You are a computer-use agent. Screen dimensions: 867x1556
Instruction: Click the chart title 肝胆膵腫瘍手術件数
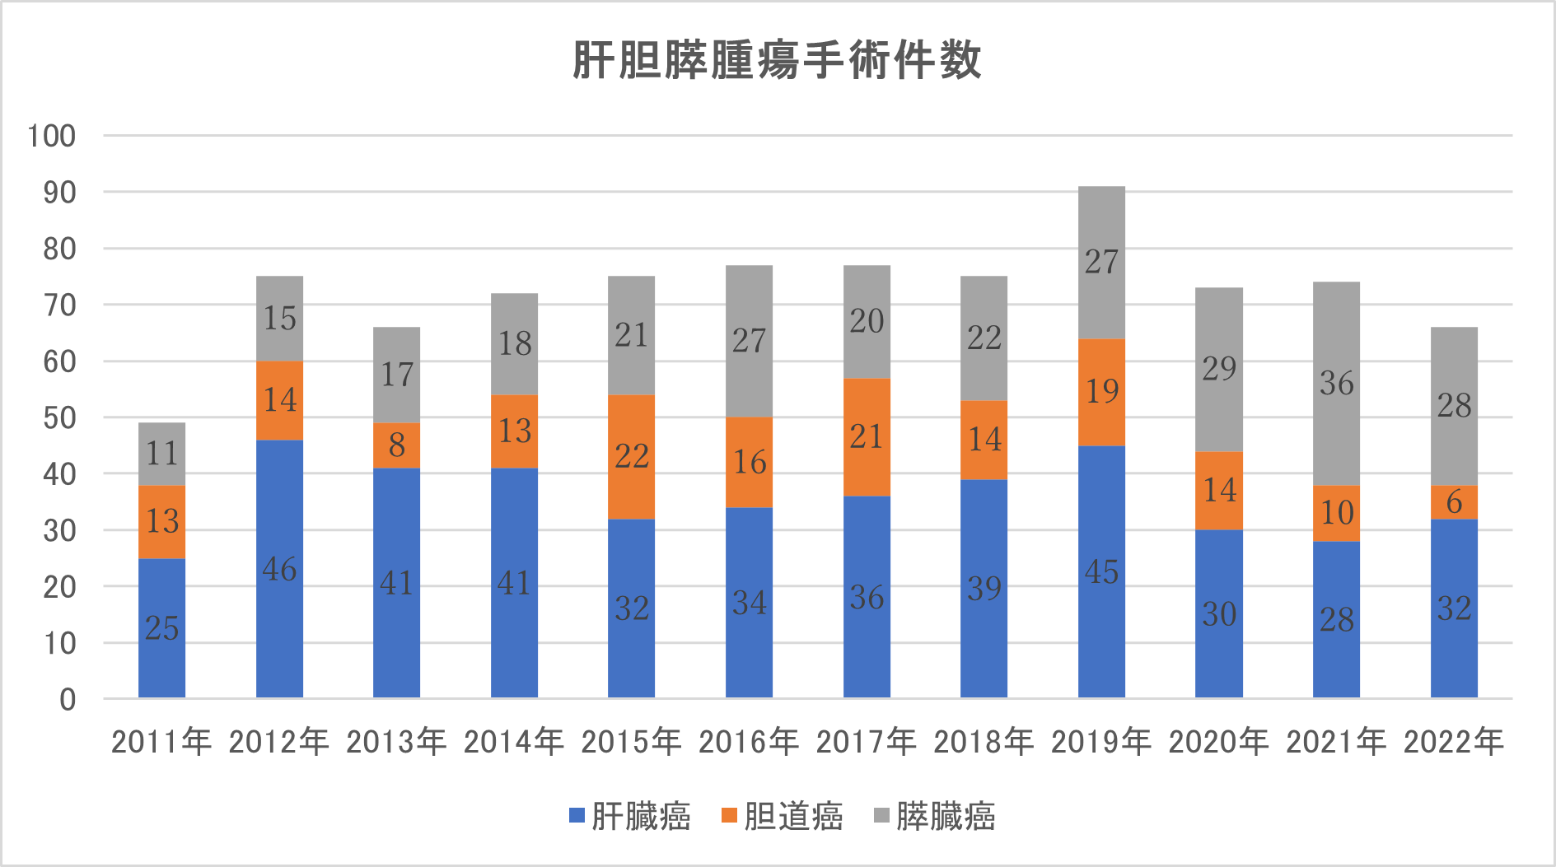pos(777,60)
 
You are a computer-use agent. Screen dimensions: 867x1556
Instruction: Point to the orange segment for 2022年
pos(1454,502)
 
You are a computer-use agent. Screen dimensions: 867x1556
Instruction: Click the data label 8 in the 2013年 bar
pos(397,445)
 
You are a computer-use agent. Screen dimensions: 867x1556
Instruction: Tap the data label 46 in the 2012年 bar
pos(279,569)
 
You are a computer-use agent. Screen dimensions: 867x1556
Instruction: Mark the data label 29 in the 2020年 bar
pos(1219,368)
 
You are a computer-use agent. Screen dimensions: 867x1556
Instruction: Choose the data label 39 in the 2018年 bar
pos(984,588)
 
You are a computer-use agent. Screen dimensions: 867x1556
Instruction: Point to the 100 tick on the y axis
pos(52,136)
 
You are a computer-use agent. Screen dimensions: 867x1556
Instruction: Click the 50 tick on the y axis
pos(59,417)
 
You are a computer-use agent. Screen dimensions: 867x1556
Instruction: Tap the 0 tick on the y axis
pos(68,700)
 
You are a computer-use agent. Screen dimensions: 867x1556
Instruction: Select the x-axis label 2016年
pos(749,742)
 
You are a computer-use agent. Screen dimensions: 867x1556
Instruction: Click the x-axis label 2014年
pos(514,742)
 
